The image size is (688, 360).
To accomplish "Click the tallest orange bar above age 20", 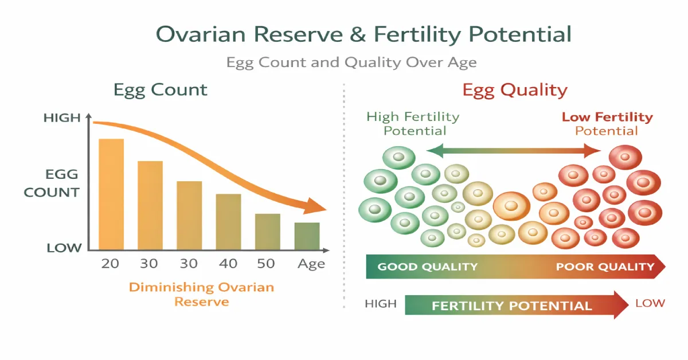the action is pos(111,194).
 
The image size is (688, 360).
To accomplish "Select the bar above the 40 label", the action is pos(229,222).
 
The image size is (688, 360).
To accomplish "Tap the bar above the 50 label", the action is pos(268,232).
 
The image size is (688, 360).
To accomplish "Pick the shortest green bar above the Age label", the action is pos(307,236).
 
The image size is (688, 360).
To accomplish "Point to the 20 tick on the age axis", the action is pos(110,264).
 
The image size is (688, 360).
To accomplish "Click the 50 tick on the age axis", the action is pos(266,264).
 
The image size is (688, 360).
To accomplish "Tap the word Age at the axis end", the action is pos(311,264).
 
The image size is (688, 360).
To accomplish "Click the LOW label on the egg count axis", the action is pos(64,248).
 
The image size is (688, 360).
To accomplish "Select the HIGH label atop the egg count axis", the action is pos(62,118).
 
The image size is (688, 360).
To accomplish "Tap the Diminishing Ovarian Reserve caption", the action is pos(201,294).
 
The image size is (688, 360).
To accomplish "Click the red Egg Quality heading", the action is pos(515,91).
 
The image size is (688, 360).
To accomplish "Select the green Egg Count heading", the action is pos(161,90).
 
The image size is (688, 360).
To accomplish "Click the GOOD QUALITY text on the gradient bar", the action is pos(428,267).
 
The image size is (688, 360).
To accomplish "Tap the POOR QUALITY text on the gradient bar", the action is pos(605,267).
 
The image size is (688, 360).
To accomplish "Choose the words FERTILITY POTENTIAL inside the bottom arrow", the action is pos(512,306).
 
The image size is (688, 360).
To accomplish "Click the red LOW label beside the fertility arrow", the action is pos(650,303).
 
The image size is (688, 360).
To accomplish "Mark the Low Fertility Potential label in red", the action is pos(607,124).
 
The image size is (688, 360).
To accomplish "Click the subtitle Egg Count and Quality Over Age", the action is pos(351,62).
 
